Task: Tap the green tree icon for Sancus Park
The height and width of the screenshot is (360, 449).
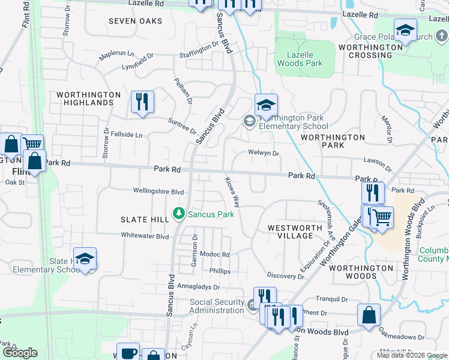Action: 178,213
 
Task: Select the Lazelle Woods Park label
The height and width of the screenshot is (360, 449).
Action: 305,58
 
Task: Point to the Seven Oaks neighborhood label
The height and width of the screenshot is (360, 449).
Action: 135,21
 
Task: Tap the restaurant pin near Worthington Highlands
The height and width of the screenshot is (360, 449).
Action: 142,102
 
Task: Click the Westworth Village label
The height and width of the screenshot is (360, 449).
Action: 291,232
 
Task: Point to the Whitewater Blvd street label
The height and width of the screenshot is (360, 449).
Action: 145,236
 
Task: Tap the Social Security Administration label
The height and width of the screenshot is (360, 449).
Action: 217,306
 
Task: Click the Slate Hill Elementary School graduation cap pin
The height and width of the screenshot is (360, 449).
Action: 85,259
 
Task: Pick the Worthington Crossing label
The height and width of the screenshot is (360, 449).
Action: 365,51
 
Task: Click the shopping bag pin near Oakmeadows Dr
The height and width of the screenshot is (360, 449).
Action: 369,316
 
